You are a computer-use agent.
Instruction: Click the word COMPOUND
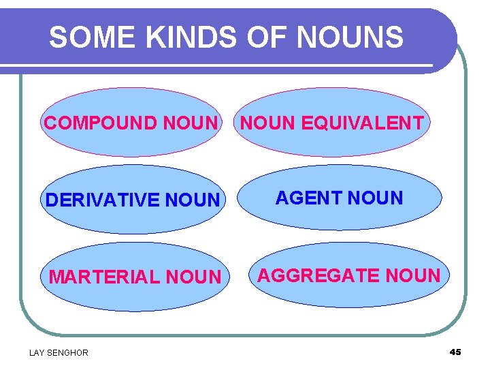(x=100, y=123)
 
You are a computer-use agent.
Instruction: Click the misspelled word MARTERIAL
(x=103, y=277)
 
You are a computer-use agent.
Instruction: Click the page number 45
(x=455, y=352)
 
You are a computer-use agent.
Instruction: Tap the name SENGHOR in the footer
(x=68, y=352)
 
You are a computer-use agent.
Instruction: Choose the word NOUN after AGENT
(x=376, y=198)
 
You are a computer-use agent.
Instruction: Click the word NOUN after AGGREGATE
(x=412, y=275)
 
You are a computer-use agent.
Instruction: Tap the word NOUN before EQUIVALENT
(x=267, y=123)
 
